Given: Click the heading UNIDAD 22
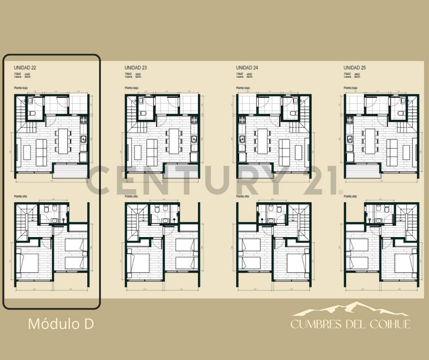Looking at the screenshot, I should tap(25, 68).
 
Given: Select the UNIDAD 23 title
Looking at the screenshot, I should tap(136, 68).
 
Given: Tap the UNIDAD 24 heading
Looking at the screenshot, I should tap(247, 68).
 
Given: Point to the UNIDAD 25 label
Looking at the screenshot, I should tap(355, 68).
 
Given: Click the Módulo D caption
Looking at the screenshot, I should tap(61, 324).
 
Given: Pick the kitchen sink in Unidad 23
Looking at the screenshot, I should tap(194, 139).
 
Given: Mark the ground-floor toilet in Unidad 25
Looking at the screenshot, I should tap(401, 113).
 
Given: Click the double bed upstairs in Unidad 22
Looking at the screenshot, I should tap(28, 263).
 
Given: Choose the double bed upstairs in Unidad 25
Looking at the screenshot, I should tap(404, 263).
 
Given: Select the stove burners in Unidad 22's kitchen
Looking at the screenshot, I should tap(84, 121).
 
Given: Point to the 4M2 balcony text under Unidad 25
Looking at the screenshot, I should tap(358, 74).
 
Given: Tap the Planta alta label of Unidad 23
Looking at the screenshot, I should tap(131, 196).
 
